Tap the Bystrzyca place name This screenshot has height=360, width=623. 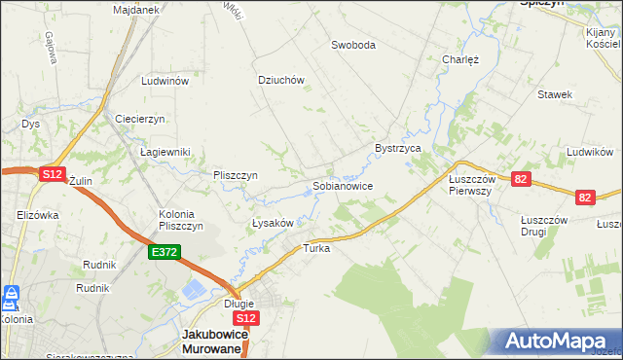point(397,148)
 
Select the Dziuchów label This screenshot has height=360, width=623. point(282,81)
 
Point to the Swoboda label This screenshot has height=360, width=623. point(352,45)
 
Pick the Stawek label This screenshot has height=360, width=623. point(555,94)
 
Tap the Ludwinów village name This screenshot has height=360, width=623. point(164,82)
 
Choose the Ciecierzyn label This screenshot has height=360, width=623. point(141,118)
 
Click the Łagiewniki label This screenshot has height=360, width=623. point(165,152)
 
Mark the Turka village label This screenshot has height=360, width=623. point(317,248)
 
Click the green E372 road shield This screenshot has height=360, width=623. point(163,252)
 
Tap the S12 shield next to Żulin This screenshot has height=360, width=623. point(53,173)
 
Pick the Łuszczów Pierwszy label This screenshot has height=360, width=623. point(472,185)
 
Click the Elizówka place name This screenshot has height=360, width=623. point(38,215)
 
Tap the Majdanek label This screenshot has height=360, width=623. point(135,9)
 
